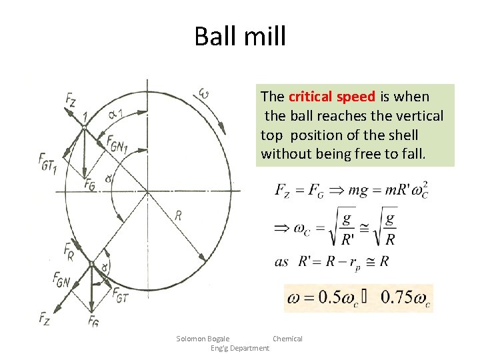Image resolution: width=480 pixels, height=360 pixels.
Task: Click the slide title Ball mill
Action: tap(239, 36)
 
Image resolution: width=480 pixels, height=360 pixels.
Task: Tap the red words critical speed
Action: tap(331, 97)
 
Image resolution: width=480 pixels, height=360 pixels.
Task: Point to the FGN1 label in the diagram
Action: tap(117, 143)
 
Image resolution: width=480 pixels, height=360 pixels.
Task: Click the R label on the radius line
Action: tap(178, 215)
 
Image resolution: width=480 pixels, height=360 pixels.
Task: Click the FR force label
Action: tap(69, 251)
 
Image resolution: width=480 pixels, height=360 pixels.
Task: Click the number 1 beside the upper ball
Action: tap(85, 118)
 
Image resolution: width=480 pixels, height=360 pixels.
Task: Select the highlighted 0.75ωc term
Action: tap(405, 298)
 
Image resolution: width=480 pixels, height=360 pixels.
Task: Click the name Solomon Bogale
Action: tap(203, 339)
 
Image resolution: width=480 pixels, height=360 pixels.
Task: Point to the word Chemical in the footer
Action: tap(287, 339)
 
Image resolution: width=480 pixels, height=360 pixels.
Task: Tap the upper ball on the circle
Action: tap(85, 127)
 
